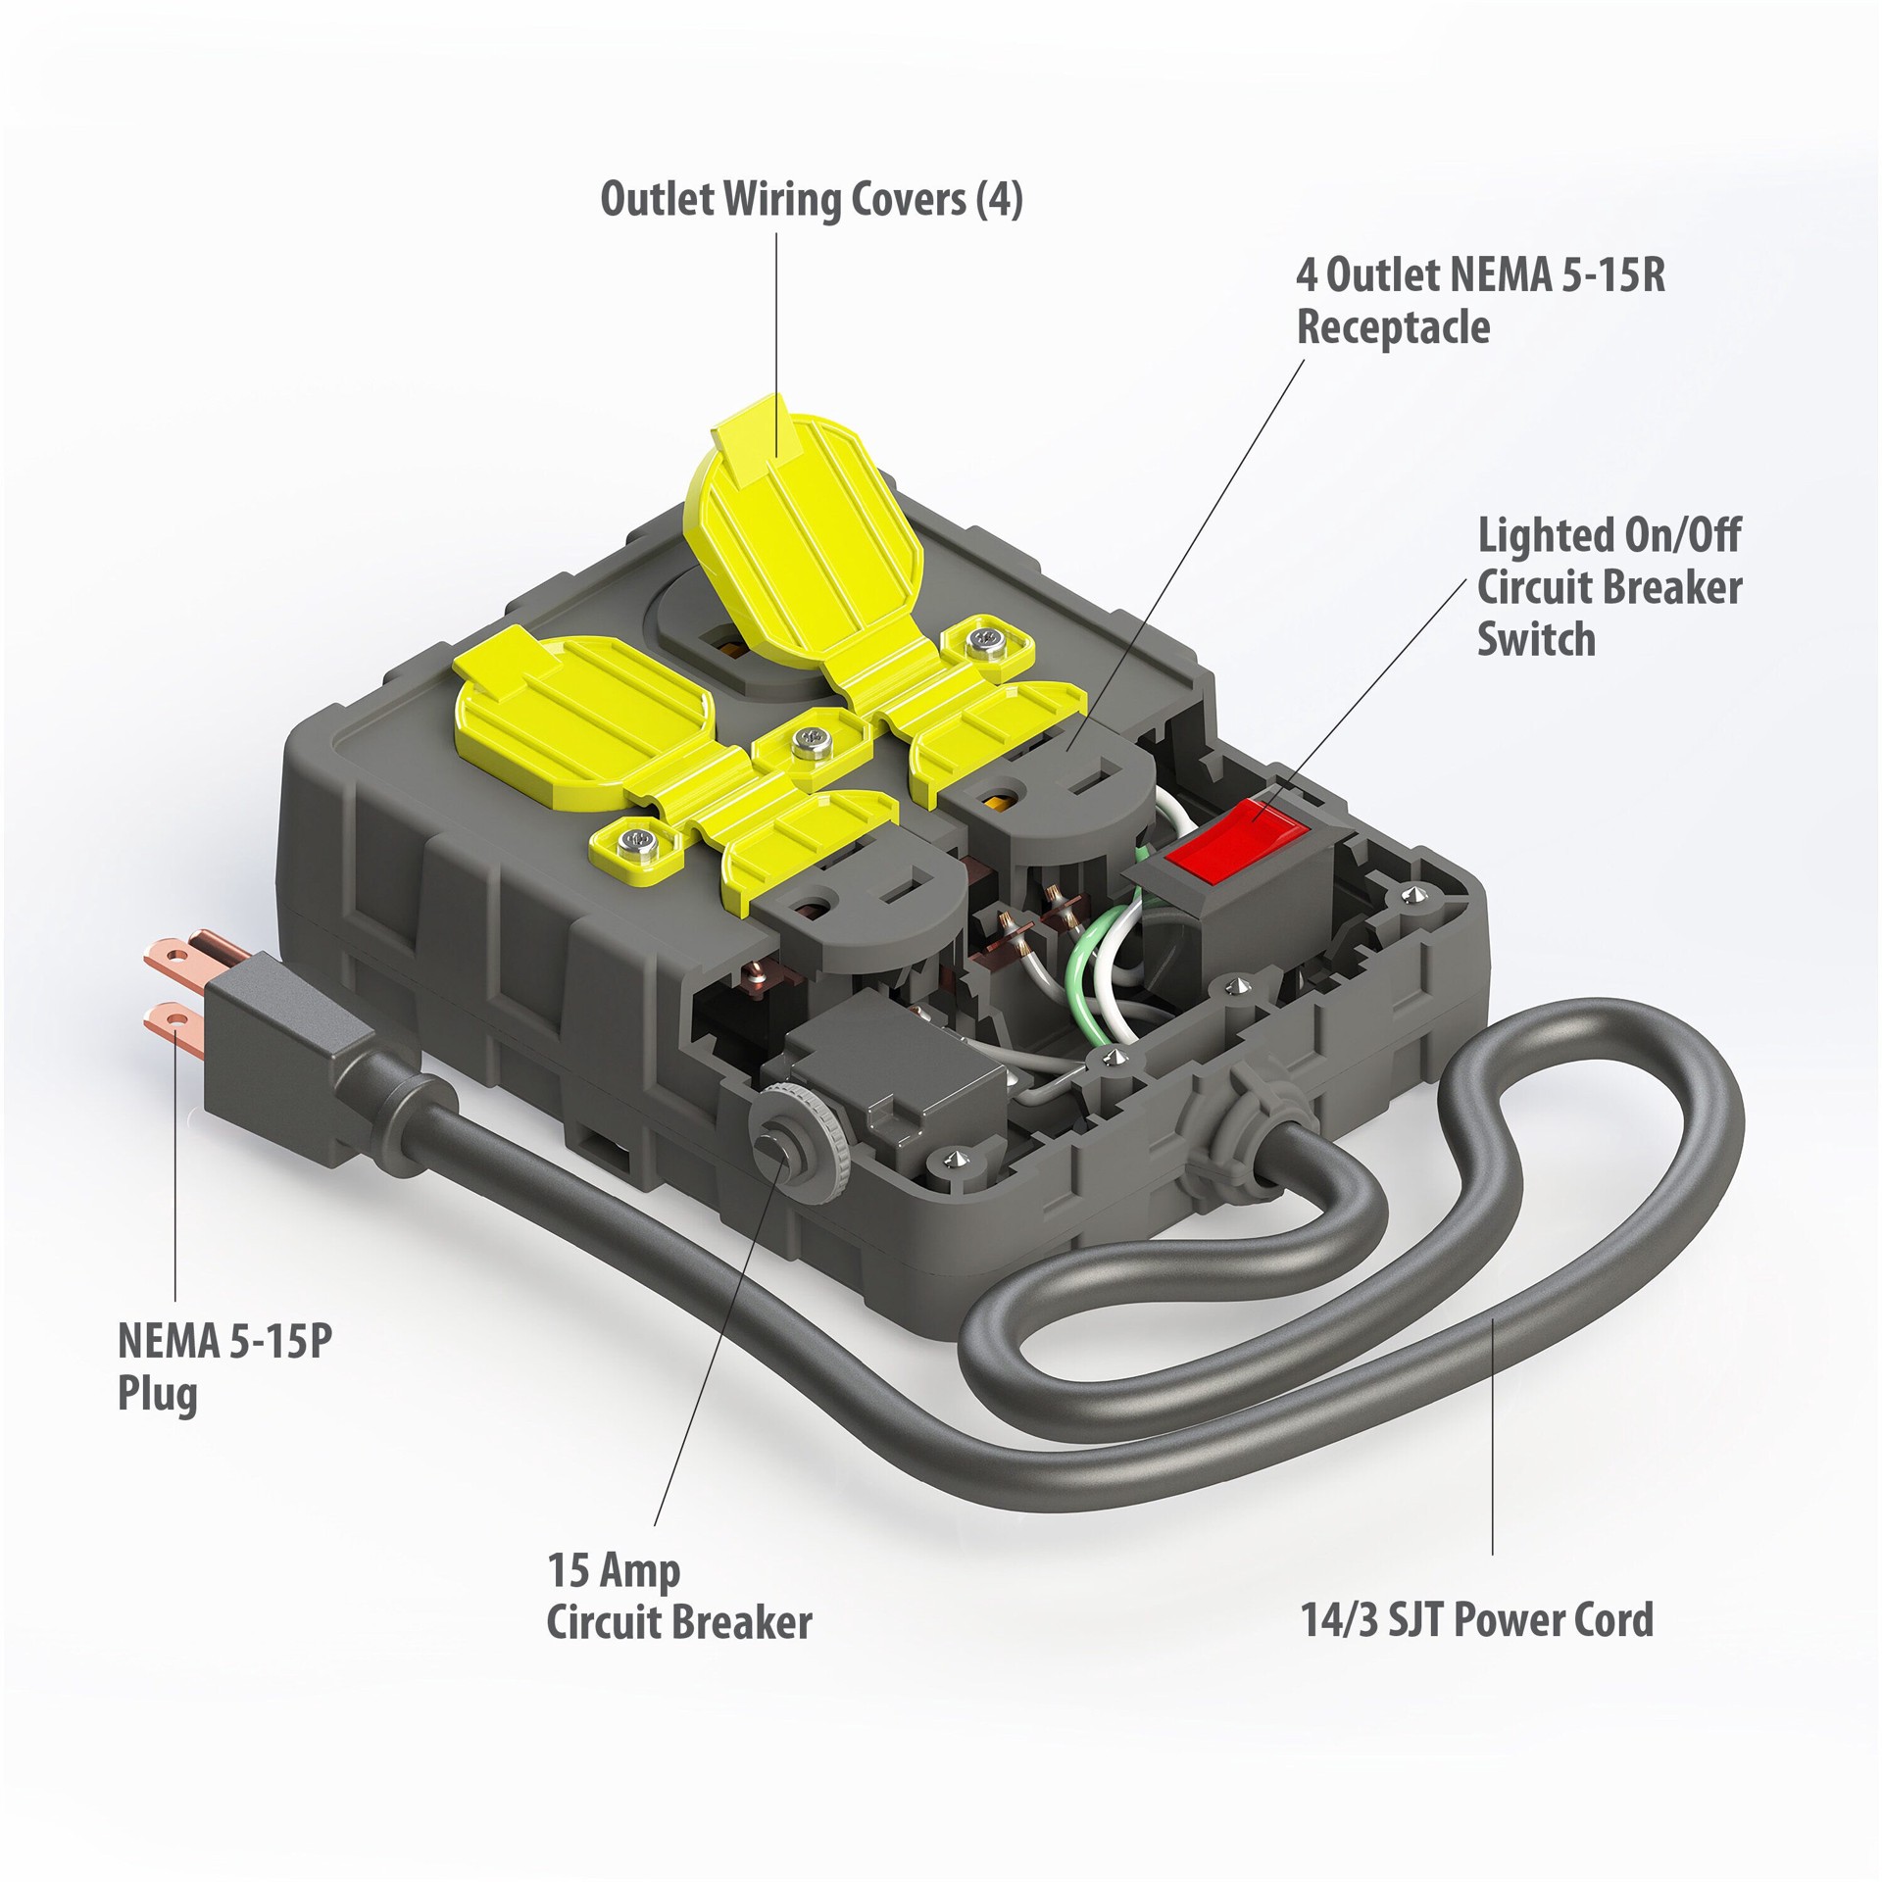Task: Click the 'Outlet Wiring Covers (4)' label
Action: [812, 199]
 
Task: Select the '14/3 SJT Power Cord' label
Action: [1477, 1618]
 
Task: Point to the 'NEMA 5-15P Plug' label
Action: [225, 1366]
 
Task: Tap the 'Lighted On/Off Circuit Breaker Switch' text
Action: [1610, 588]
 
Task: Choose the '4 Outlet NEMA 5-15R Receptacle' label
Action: [1481, 301]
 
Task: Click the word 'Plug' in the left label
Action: [157, 1393]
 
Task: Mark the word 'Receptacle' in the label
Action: [1393, 326]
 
